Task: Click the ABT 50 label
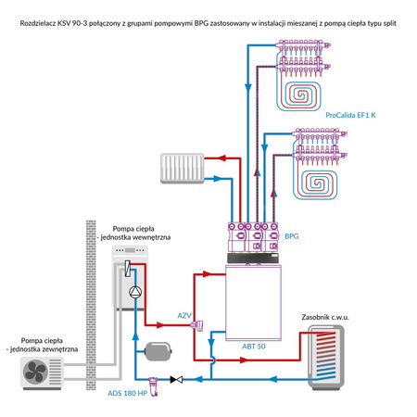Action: (253, 345)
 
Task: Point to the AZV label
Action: (184, 316)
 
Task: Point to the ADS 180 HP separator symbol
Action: (154, 380)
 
